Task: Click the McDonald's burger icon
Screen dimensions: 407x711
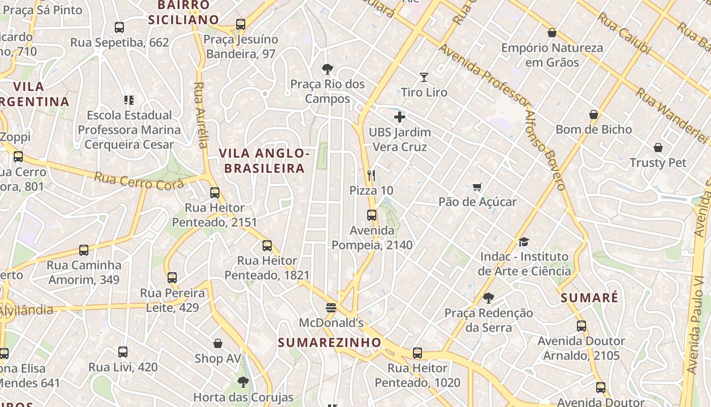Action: pyautogui.click(x=331, y=308)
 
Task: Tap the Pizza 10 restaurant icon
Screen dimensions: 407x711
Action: pyautogui.click(x=371, y=176)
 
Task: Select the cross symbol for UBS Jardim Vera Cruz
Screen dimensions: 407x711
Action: pyautogui.click(x=400, y=118)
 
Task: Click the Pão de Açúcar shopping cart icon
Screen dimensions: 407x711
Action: pyautogui.click(x=477, y=187)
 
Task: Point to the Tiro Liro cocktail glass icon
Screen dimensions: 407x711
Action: pyautogui.click(x=424, y=77)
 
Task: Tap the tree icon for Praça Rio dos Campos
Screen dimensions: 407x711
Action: pyautogui.click(x=328, y=69)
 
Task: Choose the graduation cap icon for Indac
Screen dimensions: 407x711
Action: pyautogui.click(x=524, y=242)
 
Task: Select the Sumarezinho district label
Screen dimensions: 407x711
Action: pyautogui.click(x=329, y=342)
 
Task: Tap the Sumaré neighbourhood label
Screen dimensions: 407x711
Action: pyautogui.click(x=590, y=298)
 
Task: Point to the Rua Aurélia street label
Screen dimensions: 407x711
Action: pyautogui.click(x=201, y=114)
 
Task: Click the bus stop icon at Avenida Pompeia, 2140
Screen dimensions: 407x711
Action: pyautogui.click(x=372, y=215)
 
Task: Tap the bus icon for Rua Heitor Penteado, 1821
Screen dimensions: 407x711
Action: pyautogui.click(x=267, y=246)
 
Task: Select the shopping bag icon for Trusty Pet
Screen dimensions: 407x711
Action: pyautogui.click(x=658, y=148)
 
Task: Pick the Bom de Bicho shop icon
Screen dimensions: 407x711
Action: pyautogui.click(x=593, y=114)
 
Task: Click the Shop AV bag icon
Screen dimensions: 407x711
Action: pyautogui.click(x=218, y=343)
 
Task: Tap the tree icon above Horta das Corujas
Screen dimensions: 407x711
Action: pyautogui.click(x=243, y=382)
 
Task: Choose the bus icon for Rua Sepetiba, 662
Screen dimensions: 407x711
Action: pyautogui.click(x=119, y=27)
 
